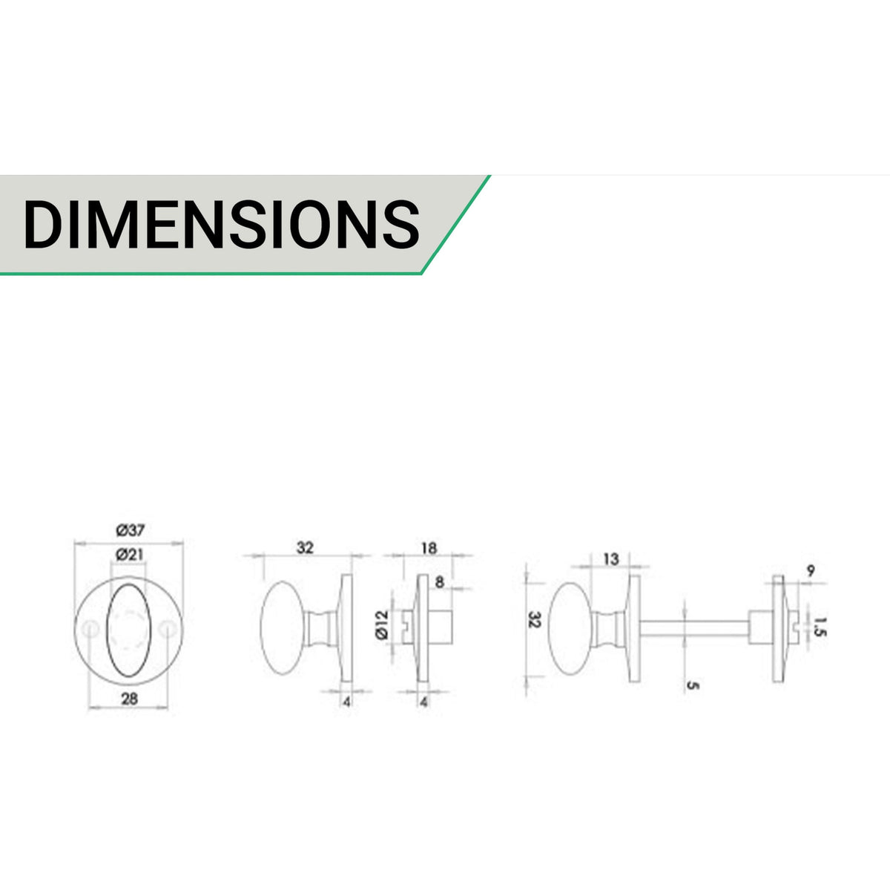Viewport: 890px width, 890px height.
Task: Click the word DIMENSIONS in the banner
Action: click(222, 225)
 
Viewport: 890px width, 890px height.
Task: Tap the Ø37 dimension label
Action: click(131, 531)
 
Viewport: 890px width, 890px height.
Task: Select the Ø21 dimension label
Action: click(130, 554)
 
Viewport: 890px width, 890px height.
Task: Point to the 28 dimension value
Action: click(130, 699)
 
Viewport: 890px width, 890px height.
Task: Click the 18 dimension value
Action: click(429, 548)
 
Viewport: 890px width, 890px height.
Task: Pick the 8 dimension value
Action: click(439, 582)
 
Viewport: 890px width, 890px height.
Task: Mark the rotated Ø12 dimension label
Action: click(382, 624)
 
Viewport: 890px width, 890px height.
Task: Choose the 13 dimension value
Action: click(610, 559)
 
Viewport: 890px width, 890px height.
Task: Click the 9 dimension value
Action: click(811, 571)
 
